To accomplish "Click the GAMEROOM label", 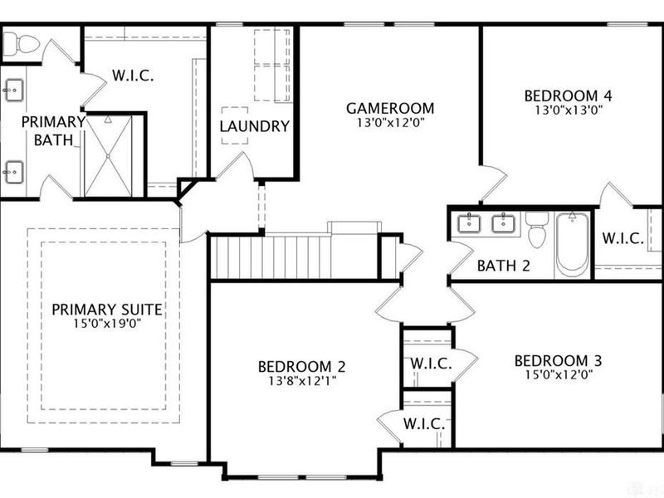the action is point(390,108).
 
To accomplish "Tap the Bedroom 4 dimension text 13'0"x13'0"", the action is point(569,110).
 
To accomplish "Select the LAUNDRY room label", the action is point(255,126).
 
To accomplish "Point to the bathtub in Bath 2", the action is point(572,244).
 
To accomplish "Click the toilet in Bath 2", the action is point(537,230).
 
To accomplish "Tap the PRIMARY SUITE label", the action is point(107,310).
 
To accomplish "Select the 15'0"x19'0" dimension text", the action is point(107,324).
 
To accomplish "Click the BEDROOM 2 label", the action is point(301,366).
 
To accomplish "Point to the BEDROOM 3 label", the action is point(558,361).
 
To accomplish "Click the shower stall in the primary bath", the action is point(109,156).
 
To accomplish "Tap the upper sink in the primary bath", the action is point(13,90).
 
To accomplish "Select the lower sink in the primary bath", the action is point(13,172).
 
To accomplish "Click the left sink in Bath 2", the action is point(469,223).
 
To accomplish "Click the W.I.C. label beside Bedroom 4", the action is point(623,238).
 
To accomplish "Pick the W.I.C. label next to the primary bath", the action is point(133,76).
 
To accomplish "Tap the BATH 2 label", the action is point(504,266).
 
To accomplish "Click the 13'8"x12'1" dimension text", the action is point(302,381).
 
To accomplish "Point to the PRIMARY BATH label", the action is point(53,130).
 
